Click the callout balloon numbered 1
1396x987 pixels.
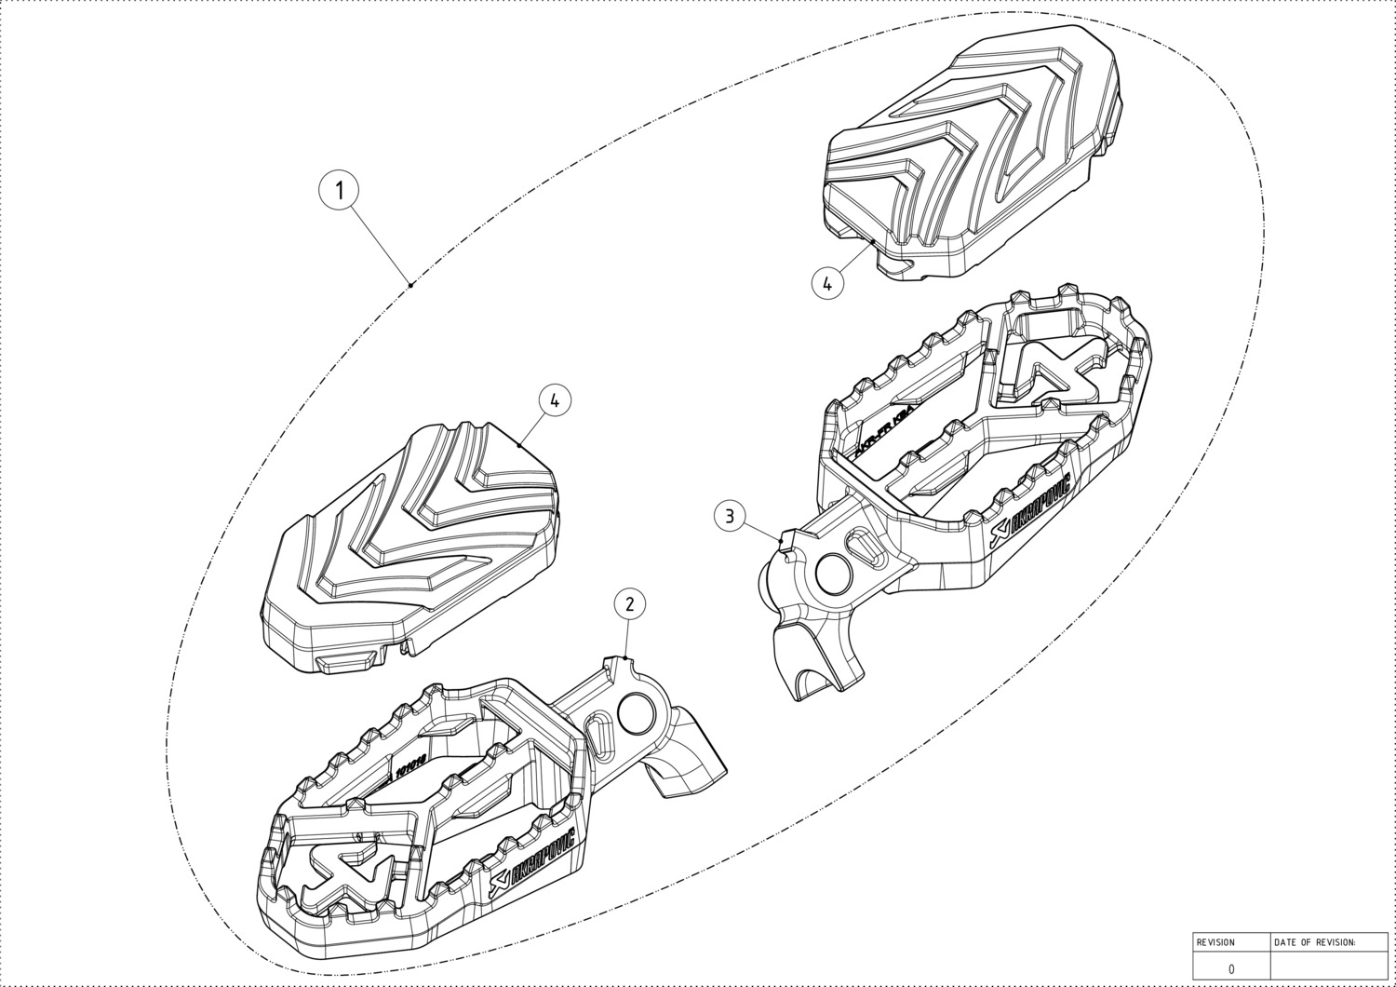coord(341,190)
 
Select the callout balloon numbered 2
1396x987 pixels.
coord(630,603)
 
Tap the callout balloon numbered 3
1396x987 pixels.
coord(731,515)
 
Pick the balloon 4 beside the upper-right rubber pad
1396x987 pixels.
coord(827,281)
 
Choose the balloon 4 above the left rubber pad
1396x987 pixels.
coord(555,400)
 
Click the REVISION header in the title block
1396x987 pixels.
coord(1215,942)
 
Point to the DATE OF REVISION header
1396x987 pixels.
coord(1315,942)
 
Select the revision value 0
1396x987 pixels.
coord(1231,968)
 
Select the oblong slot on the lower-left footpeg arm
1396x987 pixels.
coord(599,736)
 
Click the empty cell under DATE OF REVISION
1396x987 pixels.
coord(1329,968)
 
